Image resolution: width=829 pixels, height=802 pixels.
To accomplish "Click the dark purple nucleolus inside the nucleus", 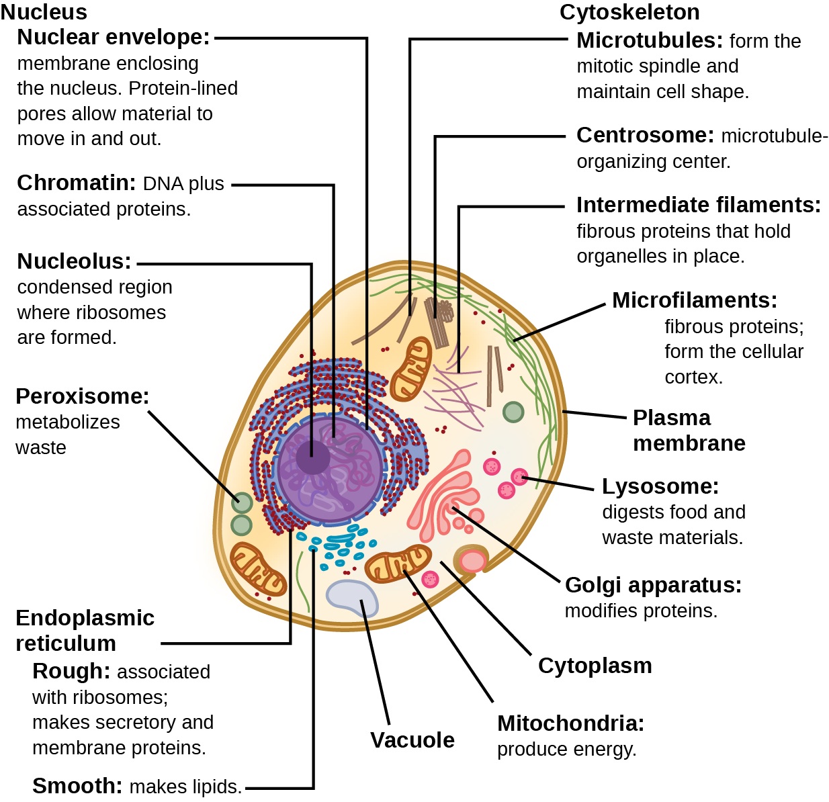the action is (x=312, y=457).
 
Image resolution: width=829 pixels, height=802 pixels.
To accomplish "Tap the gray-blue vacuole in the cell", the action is (x=352, y=598).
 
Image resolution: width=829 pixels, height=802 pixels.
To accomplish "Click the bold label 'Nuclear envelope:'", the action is (x=114, y=38).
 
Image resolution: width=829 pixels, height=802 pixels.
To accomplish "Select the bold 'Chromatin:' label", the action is (x=77, y=183).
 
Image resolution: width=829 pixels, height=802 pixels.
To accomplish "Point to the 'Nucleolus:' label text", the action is (x=74, y=261).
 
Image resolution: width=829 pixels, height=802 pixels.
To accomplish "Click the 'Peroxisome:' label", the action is (x=83, y=396).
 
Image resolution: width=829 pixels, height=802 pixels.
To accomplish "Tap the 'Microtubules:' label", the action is (x=650, y=41).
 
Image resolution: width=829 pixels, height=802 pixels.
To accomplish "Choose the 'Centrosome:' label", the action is (x=645, y=136).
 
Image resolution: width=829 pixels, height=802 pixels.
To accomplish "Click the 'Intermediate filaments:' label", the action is (x=699, y=205).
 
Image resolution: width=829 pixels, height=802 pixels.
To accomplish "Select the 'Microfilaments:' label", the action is (x=695, y=300).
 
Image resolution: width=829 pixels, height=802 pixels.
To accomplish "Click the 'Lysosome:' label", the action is (x=660, y=486).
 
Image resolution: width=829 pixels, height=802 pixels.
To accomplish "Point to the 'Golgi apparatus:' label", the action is (x=653, y=585).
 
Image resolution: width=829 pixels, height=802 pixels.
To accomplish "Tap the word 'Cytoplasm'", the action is (x=595, y=666).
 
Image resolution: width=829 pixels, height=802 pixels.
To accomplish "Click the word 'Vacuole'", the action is (x=412, y=740).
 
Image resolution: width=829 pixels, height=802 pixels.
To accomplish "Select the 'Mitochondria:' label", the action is (x=570, y=723).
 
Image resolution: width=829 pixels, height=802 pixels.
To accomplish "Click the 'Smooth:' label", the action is (x=77, y=786).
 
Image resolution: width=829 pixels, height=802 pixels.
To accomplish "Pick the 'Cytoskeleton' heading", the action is (x=629, y=12).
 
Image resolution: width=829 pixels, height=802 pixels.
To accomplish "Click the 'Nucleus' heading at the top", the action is (x=44, y=12).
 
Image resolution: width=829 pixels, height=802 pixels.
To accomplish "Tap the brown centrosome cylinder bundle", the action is (x=439, y=322).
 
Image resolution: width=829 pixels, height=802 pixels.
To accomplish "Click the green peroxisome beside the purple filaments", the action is (x=513, y=412).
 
